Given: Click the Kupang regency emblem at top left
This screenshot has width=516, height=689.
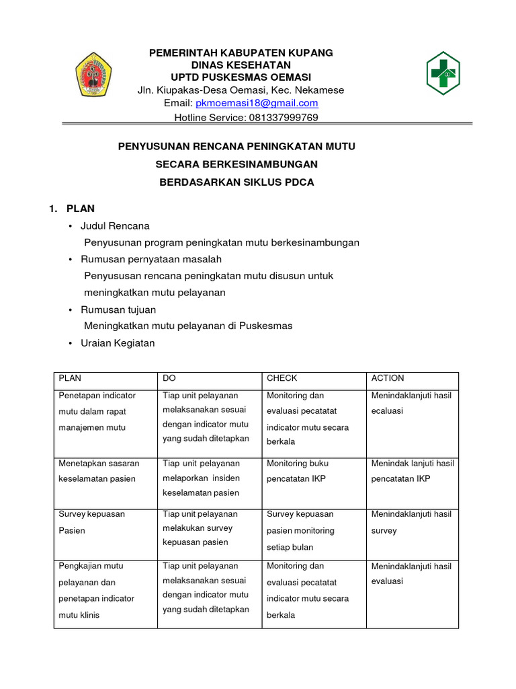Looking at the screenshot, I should click(93, 74).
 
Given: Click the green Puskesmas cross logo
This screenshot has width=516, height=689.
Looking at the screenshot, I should click(443, 73).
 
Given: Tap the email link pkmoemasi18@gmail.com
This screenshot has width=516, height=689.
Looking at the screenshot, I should click(257, 103).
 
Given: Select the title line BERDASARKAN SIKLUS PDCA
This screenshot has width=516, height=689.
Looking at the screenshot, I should click(236, 182).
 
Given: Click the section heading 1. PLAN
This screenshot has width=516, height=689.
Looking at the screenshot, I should click(73, 209).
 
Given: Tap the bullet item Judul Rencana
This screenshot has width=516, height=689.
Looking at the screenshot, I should click(115, 225).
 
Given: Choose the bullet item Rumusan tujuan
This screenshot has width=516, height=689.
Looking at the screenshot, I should click(118, 310).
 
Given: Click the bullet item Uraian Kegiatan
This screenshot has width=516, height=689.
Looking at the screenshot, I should click(118, 343).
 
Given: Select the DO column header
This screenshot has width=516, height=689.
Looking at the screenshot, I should click(169, 378).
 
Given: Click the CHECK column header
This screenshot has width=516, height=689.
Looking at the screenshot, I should click(282, 378).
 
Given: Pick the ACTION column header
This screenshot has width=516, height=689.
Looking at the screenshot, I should click(388, 378).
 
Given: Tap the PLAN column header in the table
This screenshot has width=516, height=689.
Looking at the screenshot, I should click(70, 378).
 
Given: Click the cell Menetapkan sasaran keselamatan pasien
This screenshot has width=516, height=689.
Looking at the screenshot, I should click(99, 471).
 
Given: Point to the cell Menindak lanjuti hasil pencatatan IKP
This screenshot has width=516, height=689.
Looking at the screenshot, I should click(413, 471).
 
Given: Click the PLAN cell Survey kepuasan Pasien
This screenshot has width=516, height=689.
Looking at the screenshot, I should click(92, 522).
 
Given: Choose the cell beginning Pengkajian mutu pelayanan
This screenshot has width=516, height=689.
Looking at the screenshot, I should click(97, 590).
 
